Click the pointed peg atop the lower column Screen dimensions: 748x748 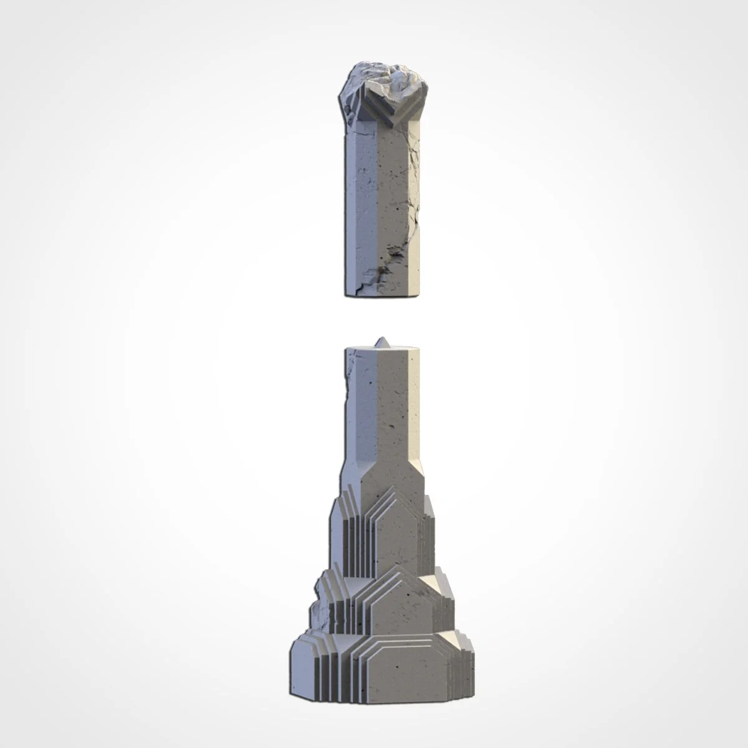(x=382, y=343)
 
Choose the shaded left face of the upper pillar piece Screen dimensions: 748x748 (x=358, y=199)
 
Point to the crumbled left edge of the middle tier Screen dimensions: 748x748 (x=324, y=592)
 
